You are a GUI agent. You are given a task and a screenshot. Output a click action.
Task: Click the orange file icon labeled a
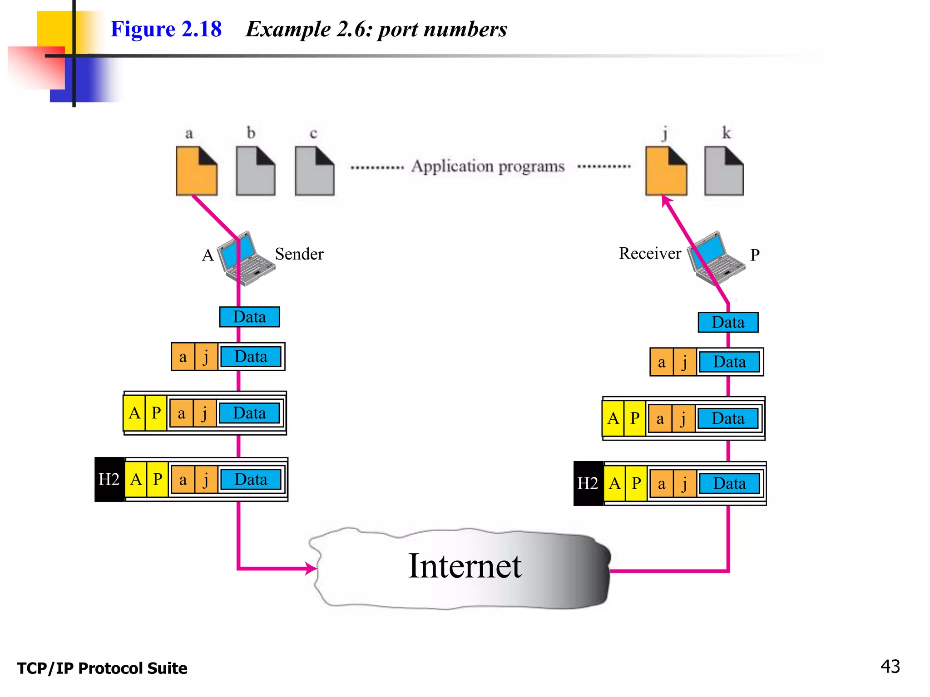[x=196, y=172]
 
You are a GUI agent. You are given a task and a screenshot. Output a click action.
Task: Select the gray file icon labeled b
[x=255, y=172]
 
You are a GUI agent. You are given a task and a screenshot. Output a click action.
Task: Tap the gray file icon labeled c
[x=314, y=172]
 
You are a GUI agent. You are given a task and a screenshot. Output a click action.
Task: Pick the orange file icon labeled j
[x=666, y=172]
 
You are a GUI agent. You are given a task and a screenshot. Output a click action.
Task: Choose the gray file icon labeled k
[x=724, y=172]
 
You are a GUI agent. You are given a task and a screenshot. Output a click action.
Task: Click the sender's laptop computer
[x=247, y=259]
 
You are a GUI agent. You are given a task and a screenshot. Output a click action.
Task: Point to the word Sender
[x=299, y=254]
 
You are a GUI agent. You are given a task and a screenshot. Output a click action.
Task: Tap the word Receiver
[x=650, y=254]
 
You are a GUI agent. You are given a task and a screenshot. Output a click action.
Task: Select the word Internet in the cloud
[x=465, y=566]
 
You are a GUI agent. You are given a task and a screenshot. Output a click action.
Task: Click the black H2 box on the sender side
[x=109, y=480]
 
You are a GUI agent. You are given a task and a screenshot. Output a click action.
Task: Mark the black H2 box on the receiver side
[x=588, y=484]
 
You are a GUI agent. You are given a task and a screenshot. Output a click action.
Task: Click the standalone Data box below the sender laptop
[x=249, y=317]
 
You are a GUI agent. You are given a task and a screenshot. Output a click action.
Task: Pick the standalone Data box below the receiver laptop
[x=728, y=322]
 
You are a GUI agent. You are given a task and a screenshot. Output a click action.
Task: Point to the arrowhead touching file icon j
[x=665, y=200]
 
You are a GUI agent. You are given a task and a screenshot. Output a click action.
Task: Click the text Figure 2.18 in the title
[x=166, y=29]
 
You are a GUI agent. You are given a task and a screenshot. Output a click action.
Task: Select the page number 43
[x=890, y=667]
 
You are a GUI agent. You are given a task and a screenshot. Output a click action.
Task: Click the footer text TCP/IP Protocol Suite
[x=102, y=668]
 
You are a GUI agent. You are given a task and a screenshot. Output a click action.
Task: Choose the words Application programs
[x=488, y=167]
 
